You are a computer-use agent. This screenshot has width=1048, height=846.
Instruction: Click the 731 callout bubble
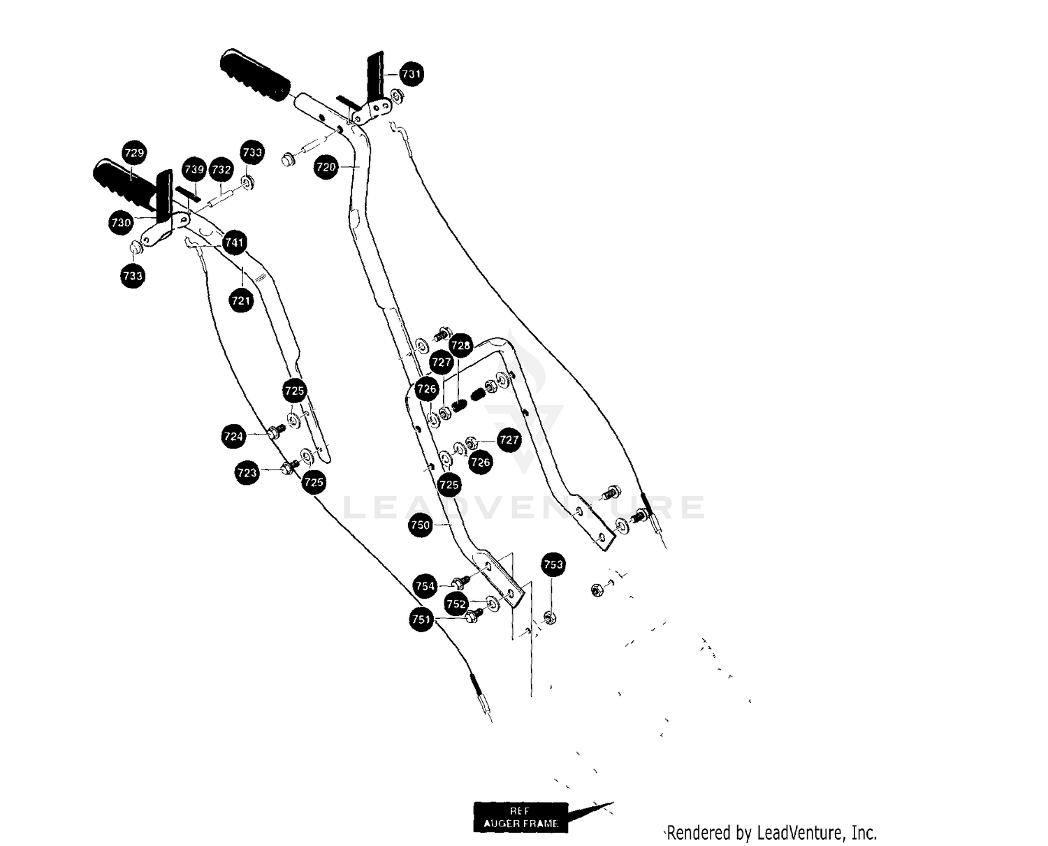(x=411, y=74)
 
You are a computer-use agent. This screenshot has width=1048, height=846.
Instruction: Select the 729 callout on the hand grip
(x=134, y=152)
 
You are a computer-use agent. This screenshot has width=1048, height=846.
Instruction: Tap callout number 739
(x=194, y=169)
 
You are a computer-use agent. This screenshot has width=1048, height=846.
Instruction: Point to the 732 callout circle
(x=221, y=170)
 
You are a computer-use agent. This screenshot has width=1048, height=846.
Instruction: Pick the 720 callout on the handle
(x=326, y=167)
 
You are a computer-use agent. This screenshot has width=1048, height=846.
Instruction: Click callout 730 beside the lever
(x=121, y=222)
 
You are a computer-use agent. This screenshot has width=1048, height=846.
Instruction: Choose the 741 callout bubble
(x=234, y=242)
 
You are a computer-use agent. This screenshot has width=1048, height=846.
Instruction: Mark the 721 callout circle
(x=241, y=300)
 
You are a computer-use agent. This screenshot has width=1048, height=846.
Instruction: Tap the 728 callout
(x=460, y=345)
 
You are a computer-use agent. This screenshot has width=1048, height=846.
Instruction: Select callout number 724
(x=233, y=437)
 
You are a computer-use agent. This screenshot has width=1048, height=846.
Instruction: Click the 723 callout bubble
(x=247, y=473)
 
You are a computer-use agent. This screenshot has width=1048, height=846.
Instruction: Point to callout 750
(x=420, y=525)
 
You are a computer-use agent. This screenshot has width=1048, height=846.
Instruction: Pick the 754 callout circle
(x=425, y=586)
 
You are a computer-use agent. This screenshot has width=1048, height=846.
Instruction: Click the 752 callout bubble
(x=456, y=604)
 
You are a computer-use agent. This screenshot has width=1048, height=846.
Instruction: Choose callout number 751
(x=421, y=619)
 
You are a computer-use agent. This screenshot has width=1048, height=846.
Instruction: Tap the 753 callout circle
(x=553, y=564)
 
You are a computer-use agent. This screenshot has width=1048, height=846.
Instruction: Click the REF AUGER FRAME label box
(x=521, y=817)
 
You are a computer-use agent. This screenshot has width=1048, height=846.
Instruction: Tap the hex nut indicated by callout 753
(x=550, y=617)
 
